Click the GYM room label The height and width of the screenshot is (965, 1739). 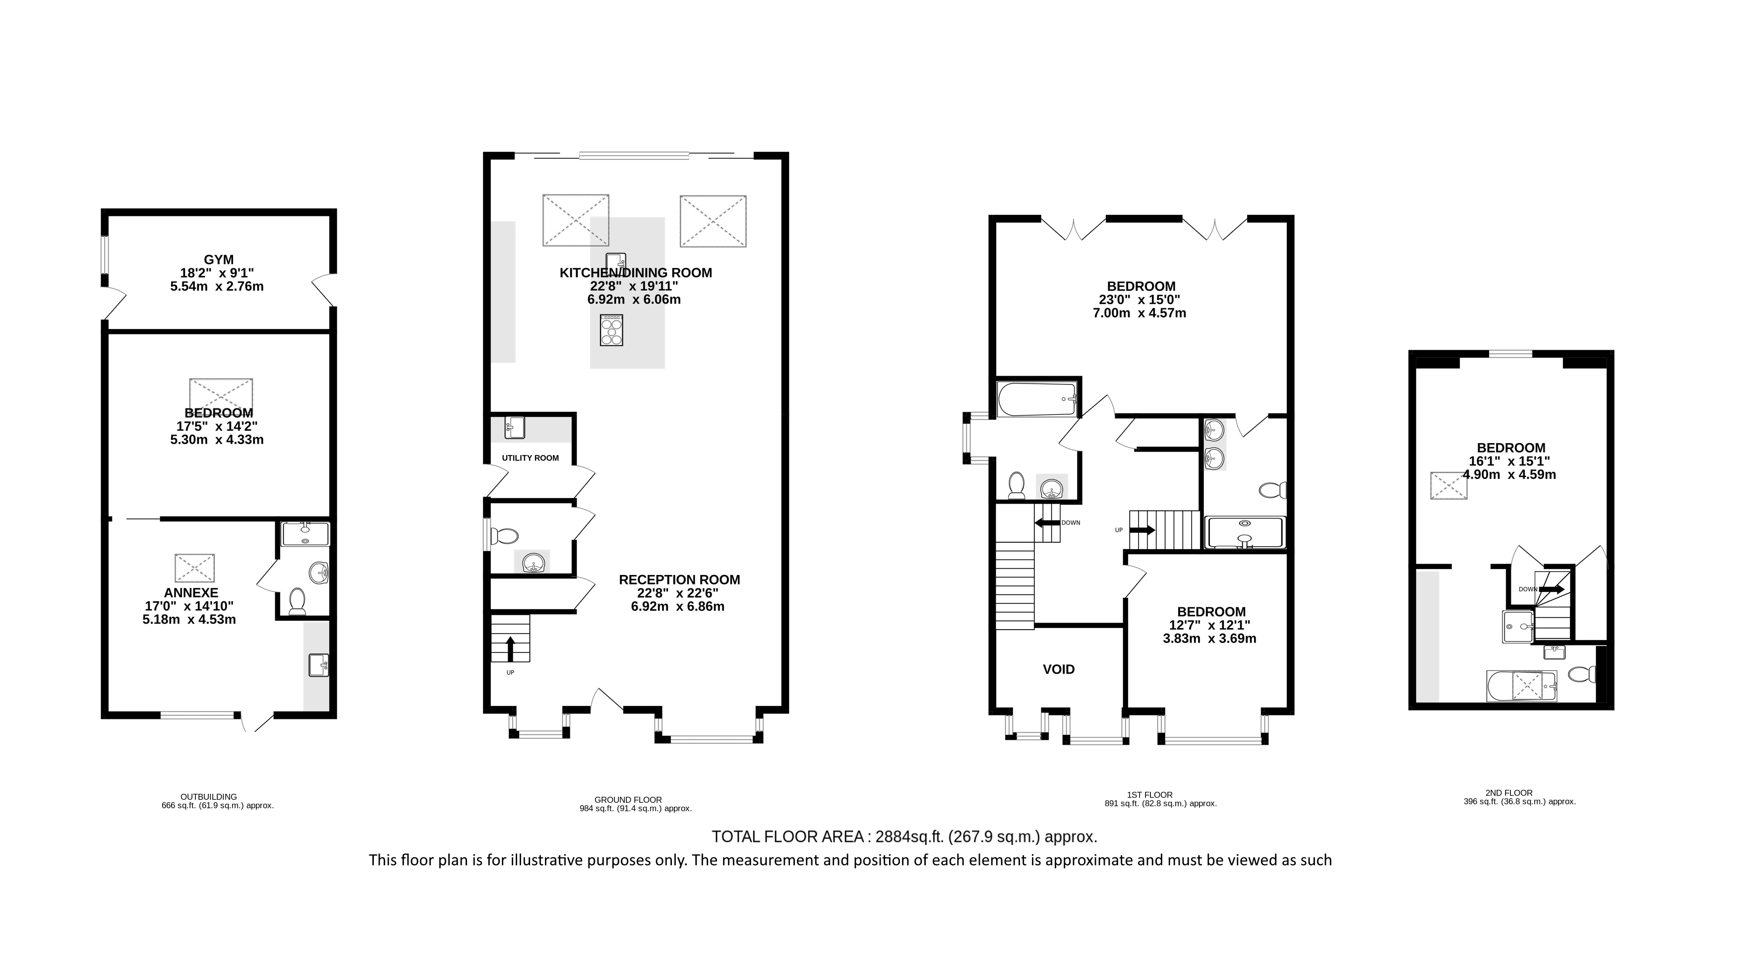click(x=219, y=260)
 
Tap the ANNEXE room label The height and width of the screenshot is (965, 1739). click(x=191, y=593)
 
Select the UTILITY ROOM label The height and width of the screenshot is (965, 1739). click(x=530, y=458)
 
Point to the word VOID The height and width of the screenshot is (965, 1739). click(x=1059, y=669)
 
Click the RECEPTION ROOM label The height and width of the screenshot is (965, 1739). click(x=679, y=579)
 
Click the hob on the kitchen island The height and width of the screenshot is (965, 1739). click(x=611, y=331)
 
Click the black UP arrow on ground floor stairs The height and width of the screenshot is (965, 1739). click(x=510, y=649)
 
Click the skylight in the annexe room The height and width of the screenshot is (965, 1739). click(x=195, y=568)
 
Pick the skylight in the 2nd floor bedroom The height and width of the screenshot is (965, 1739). click(x=1449, y=486)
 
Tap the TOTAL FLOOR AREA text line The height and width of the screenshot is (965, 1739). click(x=904, y=836)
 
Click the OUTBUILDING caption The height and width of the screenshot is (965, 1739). click(x=209, y=797)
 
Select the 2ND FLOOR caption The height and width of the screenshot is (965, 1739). click(x=1509, y=793)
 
